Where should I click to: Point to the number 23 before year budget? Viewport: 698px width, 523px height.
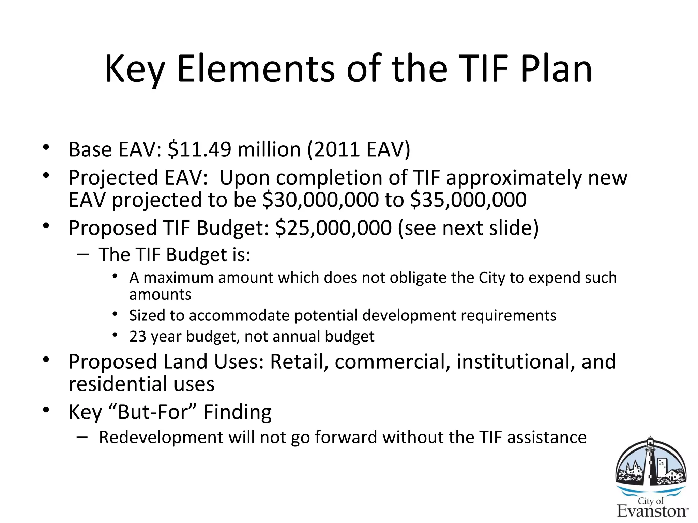138,336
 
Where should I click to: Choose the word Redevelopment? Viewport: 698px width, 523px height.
161,437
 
